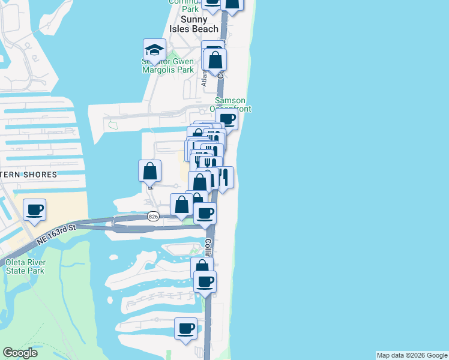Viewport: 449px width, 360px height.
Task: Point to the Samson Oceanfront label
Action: [x=230, y=104]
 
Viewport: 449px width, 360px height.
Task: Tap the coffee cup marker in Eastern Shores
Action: [x=34, y=210]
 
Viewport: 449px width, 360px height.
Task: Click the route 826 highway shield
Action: [x=153, y=217]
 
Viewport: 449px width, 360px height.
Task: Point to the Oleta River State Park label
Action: [x=25, y=266]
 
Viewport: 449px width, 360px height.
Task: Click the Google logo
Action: [x=20, y=353]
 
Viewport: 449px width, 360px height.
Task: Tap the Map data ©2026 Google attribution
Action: [x=412, y=355]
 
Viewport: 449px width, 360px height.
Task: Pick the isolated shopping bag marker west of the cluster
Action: [x=149, y=172]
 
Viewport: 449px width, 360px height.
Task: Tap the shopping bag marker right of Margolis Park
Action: [x=215, y=60]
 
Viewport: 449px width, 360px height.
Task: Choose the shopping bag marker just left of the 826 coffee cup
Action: [x=181, y=205]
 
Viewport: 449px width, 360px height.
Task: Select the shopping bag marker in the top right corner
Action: [x=232, y=4]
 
